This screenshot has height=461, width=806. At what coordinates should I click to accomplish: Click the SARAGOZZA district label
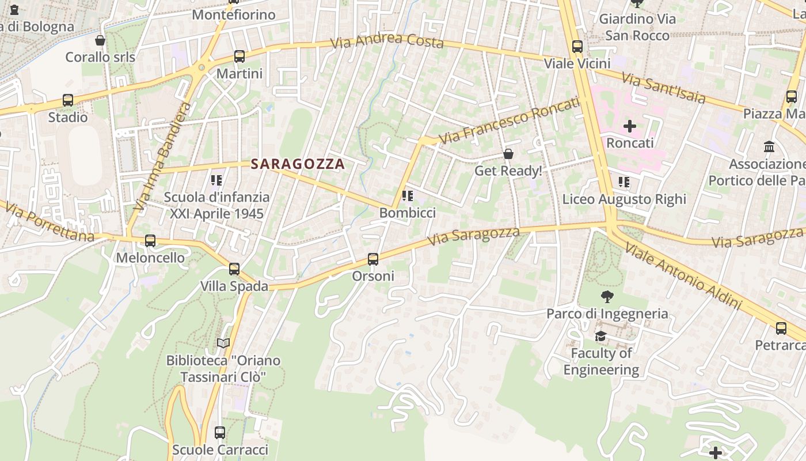coord(298,164)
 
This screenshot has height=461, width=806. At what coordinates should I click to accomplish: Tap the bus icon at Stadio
coord(68,100)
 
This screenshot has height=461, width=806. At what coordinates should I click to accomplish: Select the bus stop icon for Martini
coord(239,56)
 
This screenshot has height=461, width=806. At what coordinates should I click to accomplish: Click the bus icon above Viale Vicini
coord(577,47)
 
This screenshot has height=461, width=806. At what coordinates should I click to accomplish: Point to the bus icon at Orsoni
coord(373,259)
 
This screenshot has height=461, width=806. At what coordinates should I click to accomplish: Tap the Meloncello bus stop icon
coord(150,241)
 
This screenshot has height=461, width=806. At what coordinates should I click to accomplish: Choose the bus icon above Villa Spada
coord(234,269)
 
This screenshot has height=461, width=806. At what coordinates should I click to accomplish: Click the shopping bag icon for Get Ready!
coord(508,154)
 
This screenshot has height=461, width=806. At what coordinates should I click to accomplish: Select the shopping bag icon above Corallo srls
coord(100,40)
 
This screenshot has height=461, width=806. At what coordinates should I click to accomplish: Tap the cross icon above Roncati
coord(630,126)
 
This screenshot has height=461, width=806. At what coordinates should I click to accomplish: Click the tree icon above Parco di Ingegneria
coord(607,297)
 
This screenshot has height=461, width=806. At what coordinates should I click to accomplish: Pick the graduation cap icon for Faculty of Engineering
coord(600,336)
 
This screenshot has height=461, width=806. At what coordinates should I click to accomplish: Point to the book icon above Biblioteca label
coord(223,343)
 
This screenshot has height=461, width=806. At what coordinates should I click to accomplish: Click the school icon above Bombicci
coord(408,196)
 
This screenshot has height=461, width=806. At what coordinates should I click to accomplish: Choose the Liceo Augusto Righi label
coord(624,199)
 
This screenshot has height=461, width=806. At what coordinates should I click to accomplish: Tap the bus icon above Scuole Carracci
coord(220,432)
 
